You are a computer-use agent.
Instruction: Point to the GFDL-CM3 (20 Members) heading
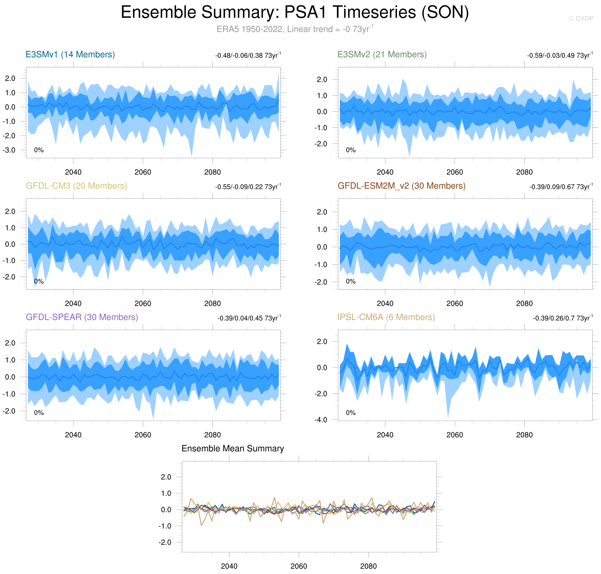(x=76, y=186)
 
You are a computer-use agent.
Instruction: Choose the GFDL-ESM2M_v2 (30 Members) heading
(x=401, y=186)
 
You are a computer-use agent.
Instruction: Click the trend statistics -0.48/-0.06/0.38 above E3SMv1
(x=248, y=55)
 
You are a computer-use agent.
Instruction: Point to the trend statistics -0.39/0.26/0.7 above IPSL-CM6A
(x=563, y=318)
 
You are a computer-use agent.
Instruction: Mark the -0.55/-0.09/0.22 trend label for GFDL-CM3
(x=248, y=187)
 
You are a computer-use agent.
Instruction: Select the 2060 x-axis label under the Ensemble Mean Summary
(x=299, y=566)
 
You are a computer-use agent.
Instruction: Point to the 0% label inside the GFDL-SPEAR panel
(x=39, y=413)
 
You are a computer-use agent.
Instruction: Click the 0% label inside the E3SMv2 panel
(x=351, y=150)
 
